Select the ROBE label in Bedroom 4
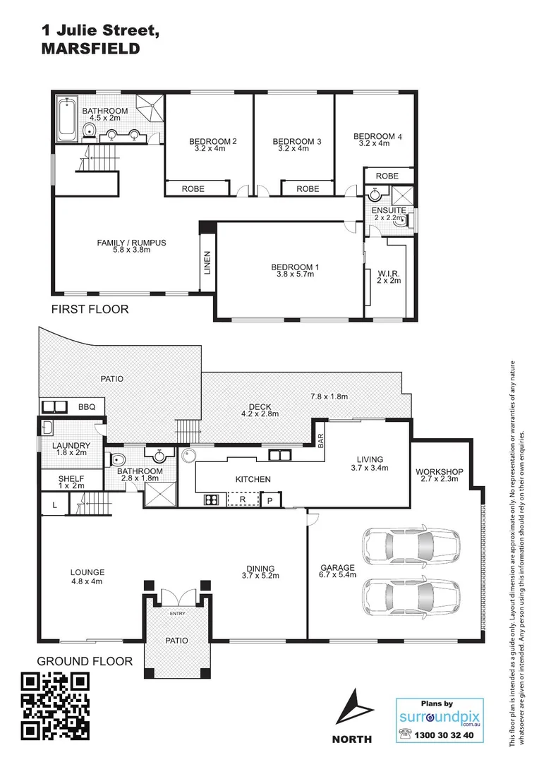click(387, 176)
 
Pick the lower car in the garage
click(398, 594)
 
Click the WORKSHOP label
click(438, 471)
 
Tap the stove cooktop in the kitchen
click(210, 500)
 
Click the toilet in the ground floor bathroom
click(117, 460)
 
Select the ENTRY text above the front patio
click(176, 614)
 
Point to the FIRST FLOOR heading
click(89, 309)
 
